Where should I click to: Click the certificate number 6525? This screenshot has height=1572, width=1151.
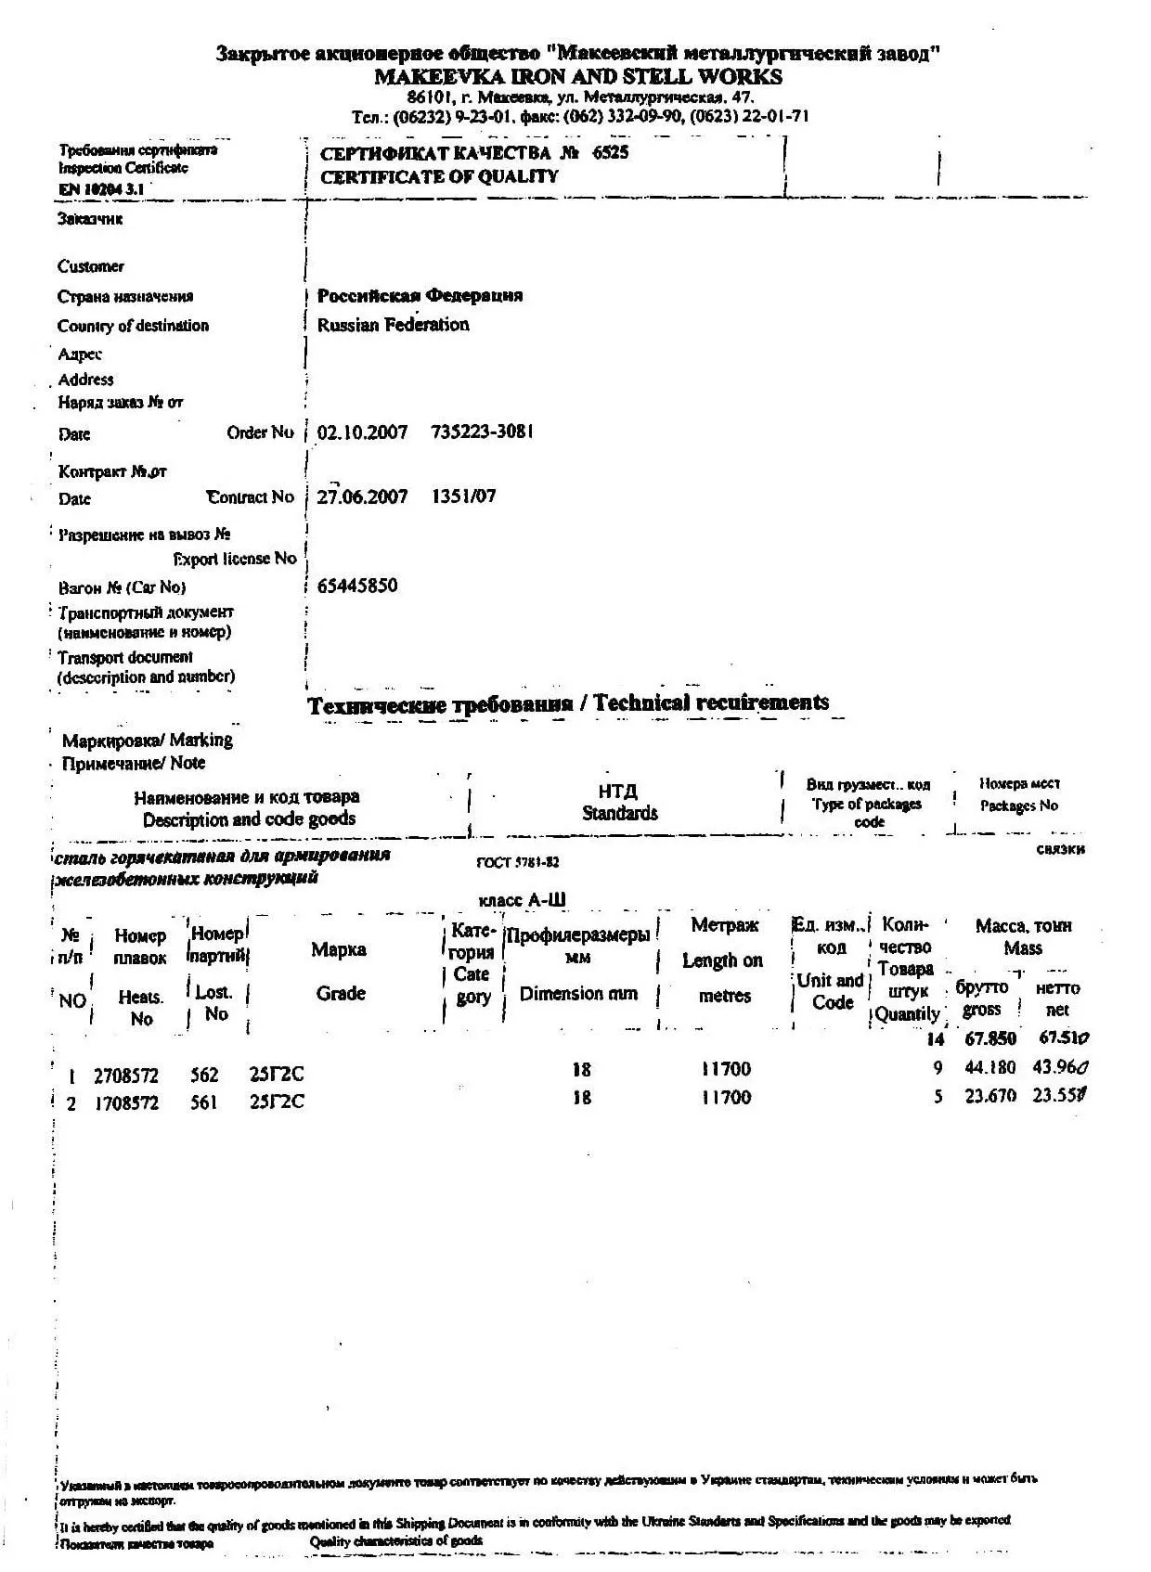[x=610, y=153]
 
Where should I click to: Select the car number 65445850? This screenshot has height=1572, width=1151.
[x=357, y=586]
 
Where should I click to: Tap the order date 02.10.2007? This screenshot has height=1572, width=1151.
[x=362, y=432]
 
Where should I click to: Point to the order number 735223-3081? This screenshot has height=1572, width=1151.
[x=483, y=432]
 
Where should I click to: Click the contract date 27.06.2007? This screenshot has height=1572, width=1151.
[x=362, y=496]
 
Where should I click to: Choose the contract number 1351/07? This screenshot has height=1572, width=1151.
[x=464, y=496]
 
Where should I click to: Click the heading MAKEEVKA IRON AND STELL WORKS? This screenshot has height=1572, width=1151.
[x=577, y=77]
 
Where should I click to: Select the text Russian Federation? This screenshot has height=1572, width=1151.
[x=393, y=325]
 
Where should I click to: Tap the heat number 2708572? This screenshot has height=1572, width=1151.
[x=126, y=1076]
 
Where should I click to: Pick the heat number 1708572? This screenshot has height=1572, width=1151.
[x=126, y=1103]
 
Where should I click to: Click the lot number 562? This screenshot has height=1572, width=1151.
[x=204, y=1075]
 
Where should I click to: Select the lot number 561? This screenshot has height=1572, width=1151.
[x=203, y=1102]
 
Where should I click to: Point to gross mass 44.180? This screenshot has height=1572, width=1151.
[x=990, y=1067]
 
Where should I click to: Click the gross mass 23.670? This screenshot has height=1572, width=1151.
[x=990, y=1096]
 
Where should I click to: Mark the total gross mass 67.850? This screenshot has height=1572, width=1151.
[x=990, y=1038]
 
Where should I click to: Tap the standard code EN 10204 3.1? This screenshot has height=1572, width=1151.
[x=101, y=189]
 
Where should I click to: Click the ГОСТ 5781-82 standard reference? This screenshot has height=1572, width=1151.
[x=518, y=862]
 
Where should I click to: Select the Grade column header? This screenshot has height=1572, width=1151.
[x=341, y=993]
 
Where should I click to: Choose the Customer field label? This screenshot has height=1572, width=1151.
[x=91, y=266]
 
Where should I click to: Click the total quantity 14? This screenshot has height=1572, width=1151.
[x=935, y=1039]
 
